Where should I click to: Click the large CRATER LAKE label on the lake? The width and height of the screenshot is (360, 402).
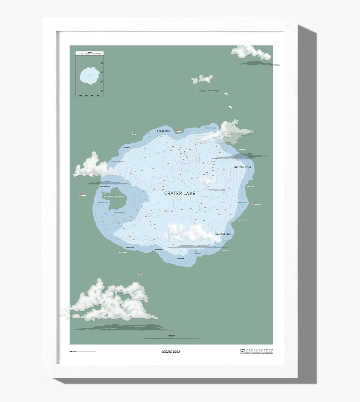click(180, 193)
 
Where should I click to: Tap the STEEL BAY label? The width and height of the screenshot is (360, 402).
click(163, 131)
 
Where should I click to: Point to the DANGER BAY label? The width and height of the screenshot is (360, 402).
click(223, 234)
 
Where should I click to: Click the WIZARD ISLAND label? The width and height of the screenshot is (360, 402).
click(115, 196)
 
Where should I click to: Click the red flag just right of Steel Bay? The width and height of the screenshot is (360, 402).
click(177, 130)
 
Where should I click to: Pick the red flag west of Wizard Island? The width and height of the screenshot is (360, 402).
click(81, 194)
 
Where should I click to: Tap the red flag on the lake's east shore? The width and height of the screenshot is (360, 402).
click(254, 203)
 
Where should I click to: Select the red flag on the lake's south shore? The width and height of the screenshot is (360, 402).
click(195, 252)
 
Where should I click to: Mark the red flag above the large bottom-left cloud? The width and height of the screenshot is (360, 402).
click(139, 274)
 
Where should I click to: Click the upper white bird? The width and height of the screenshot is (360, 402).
click(226, 94)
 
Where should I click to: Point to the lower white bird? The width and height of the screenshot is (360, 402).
click(230, 108)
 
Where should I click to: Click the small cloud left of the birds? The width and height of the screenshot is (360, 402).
click(202, 79)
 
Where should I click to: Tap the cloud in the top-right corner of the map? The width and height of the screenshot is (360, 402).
click(250, 51)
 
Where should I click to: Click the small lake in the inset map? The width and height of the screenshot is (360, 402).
click(89, 76)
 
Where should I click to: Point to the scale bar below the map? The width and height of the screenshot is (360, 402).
click(171, 338)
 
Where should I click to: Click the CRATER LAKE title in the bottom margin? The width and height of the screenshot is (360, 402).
click(171, 351)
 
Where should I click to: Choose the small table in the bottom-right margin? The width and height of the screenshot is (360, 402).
click(257, 351)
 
